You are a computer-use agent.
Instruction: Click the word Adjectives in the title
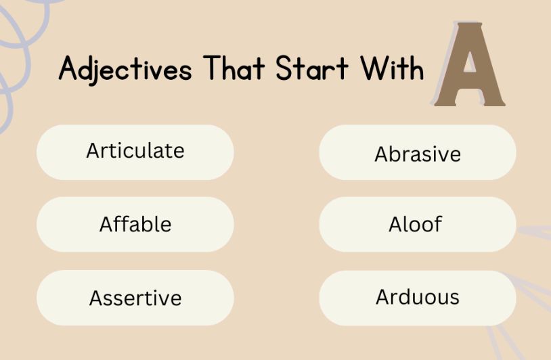[x=125, y=69]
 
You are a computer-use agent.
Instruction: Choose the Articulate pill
[x=135, y=151]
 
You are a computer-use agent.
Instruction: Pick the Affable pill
[x=135, y=224]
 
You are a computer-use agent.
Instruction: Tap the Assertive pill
[x=135, y=298]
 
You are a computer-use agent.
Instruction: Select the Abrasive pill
[x=417, y=154]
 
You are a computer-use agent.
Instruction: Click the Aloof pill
[x=417, y=224]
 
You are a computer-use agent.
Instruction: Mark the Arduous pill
[x=417, y=297]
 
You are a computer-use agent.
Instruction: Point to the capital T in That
[x=211, y=68]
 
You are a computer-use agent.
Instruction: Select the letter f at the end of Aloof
[x=437, y=223]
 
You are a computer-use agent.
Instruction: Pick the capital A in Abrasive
[x=380, y=154]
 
